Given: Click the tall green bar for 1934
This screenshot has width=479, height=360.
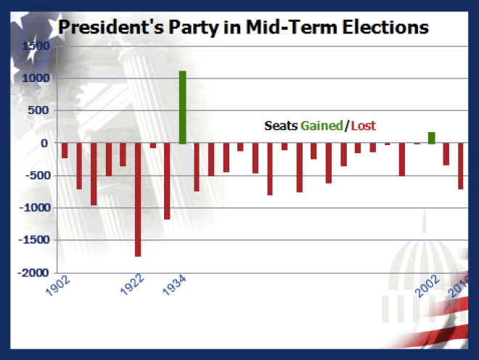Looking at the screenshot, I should pos(182,107).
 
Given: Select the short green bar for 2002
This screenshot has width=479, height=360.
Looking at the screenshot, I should pos(432,138).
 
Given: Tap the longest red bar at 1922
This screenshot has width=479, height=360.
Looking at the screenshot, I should pos(138,200).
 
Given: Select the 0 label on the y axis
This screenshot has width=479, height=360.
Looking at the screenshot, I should pos(44,143).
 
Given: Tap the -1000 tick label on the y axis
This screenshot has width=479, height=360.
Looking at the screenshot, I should pos(33,208).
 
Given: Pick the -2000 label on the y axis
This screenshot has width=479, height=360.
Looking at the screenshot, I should pos(33,273).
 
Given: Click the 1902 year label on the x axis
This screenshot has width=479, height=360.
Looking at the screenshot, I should pos(57,289).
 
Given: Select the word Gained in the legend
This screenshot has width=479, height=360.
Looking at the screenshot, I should pos(322,126).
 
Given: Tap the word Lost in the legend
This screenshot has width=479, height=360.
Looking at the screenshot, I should pos(364,126).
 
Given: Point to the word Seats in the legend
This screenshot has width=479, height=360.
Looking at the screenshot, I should pos(281,126).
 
